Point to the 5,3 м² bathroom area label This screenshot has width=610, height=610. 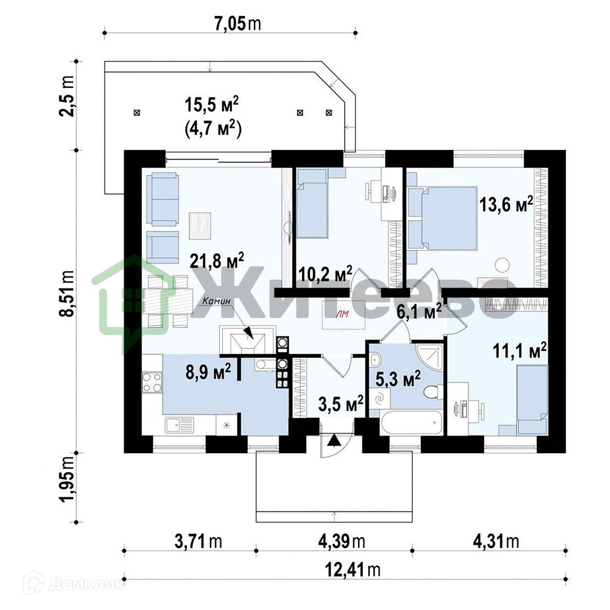pyautogui.click(x=398, y=379)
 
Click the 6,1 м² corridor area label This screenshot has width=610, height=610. pyautogui.click(x=419, y=312)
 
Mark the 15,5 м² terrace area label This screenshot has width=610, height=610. pyautogui.click(x=212, y=105)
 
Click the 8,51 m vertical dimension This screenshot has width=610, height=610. pyautogui.click(x=68, y=293)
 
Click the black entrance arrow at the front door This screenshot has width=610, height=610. pyautogui.click(x=333, y=440)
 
